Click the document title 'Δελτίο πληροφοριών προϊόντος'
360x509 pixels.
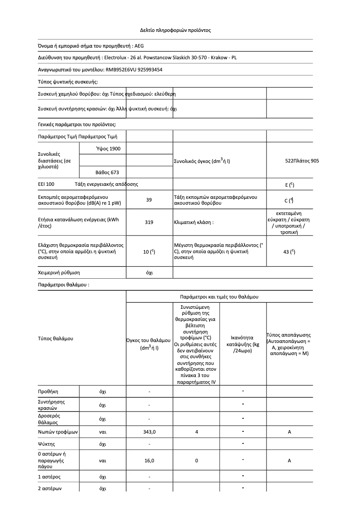click(176, 31)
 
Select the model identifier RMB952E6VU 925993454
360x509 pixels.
click(133, 70)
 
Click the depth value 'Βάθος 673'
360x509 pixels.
click(108, 172)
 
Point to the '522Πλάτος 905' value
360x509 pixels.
click(302, 160)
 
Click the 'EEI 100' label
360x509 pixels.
click(46, 184)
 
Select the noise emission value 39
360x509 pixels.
click(149, 200)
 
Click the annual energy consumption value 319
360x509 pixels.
click(149, 222)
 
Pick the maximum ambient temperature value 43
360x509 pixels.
click(289, 252)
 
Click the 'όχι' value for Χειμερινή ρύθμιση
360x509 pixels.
click(149, 272)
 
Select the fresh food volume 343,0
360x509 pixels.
click(149, 432)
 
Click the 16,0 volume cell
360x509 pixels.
click(149, 461)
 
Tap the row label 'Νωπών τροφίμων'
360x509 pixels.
click(58, 432)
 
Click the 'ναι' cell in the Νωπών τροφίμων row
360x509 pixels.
click(102, 432)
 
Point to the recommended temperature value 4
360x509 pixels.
click(197, 432)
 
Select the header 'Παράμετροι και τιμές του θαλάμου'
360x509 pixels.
click(219, 297)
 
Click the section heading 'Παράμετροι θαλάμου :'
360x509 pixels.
click(63, 285)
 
